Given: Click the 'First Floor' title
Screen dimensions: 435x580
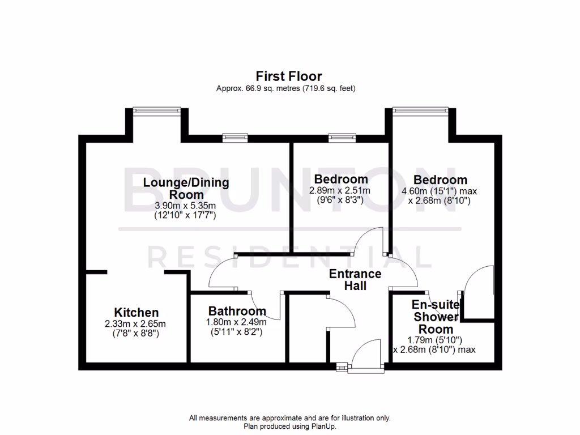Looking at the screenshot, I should point(289,76).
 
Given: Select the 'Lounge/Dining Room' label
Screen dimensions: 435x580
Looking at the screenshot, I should point(186,188).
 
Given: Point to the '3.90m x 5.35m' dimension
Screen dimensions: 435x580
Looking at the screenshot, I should point(186,206).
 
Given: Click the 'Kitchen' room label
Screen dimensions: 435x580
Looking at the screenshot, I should point(136,313).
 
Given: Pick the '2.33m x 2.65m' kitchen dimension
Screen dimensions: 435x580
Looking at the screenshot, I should point(135,324).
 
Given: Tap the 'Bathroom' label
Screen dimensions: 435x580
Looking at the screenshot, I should point(237,311).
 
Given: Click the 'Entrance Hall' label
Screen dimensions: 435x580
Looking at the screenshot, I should point(356,280).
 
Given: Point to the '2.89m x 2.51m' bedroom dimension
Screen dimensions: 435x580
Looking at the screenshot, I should point(339,191).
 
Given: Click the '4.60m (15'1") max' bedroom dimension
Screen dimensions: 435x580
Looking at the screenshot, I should point(436,191).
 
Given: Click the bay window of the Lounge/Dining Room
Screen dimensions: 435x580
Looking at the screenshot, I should point(157,110).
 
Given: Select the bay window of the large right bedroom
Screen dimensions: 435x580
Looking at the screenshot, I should point(421,110).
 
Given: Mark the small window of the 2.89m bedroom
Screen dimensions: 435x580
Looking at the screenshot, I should point(339,136).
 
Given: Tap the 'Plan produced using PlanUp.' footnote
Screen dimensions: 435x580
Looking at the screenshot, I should point(289,426).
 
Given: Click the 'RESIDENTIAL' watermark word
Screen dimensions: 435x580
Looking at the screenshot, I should point(289,258).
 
